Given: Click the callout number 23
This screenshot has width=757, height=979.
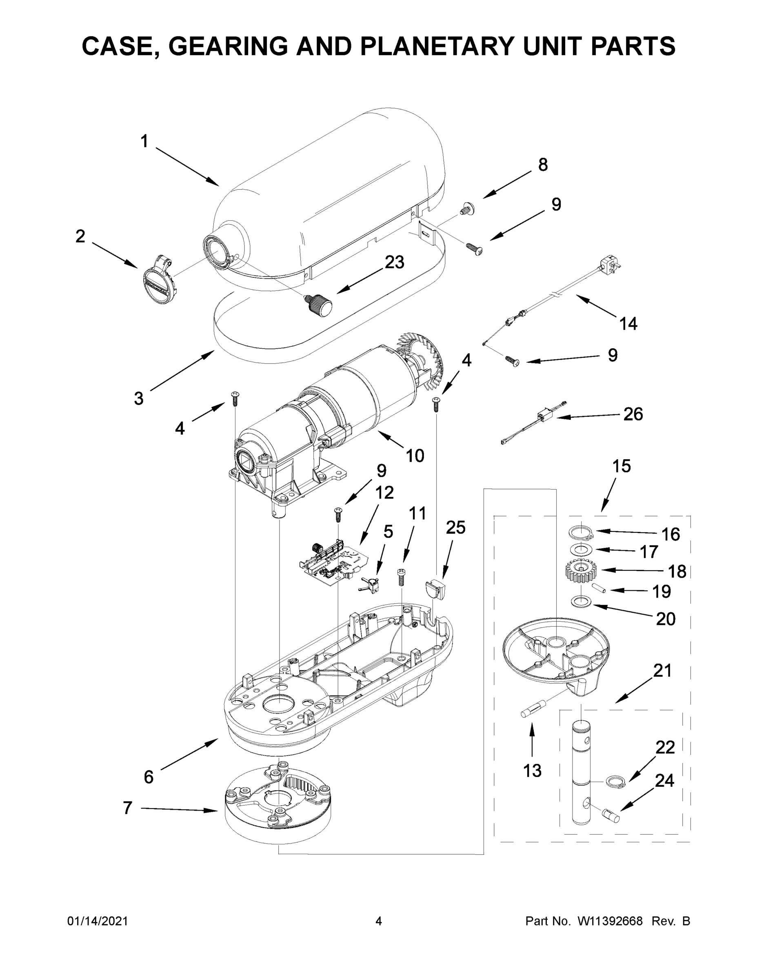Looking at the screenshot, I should pyautogui.click(x=395, y=262).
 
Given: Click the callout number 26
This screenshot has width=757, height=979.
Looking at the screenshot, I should pyautogui.click(x=633, y=414).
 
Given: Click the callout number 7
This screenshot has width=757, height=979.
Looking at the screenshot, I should pyautogui.click(x=128, y=808).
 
